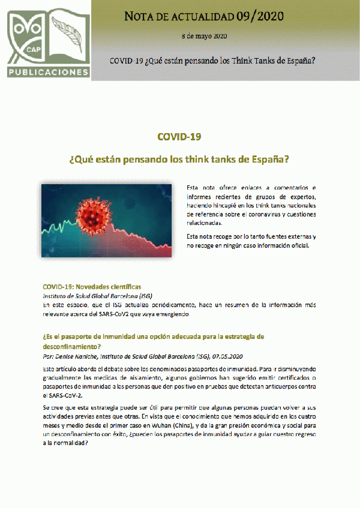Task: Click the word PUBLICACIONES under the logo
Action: (48, 73)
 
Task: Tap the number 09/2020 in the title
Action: (261, 16)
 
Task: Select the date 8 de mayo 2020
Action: (203, 37)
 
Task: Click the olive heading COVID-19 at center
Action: (179, 137)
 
